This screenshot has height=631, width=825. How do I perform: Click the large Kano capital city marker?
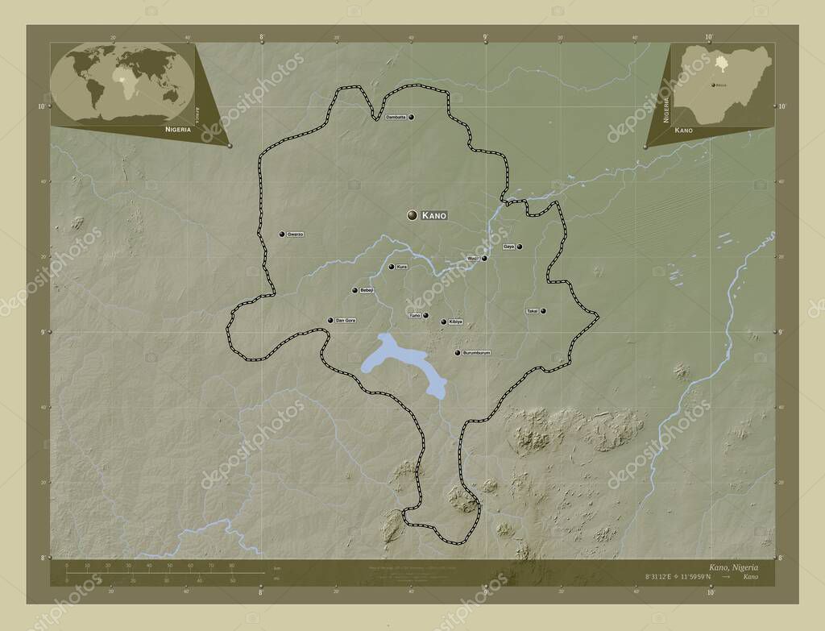tap(412, 215)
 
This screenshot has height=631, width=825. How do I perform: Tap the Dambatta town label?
tap(396, 118)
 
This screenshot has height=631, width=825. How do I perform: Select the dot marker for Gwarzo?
tap(282, 235)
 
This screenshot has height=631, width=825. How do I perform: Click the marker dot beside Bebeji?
tap(354, 290)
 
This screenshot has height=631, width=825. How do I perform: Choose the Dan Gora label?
tap(346, 321)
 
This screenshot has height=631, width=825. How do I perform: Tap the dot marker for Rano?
tap(425, 315)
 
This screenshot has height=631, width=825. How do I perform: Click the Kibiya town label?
tap(456, 322)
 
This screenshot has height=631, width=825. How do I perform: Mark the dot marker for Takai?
tap(544, 311)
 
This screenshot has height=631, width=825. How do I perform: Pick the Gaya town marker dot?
tap(520, 247)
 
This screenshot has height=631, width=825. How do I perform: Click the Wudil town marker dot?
tap(484, 259)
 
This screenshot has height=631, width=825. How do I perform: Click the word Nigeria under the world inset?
tap(178, 129)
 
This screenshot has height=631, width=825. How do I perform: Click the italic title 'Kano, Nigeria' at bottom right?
tap(733, 567)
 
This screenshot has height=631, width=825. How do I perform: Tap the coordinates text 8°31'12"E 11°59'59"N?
tap(678, 578)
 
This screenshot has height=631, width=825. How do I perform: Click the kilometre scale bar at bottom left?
tap(161, 573)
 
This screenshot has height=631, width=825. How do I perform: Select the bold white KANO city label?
tap(434, 216)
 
